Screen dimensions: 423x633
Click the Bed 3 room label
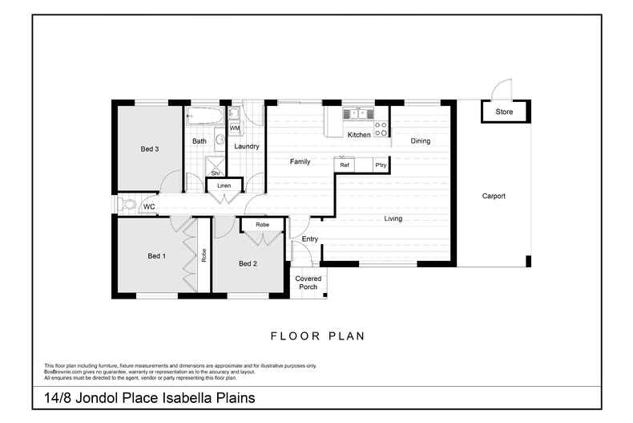[x=150, y=148]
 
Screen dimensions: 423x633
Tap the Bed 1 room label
[x=156, y=256]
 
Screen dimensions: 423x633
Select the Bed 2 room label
[x=248, y=263]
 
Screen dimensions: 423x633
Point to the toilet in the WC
[x=128, y=205]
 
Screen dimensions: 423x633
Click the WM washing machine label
[x=235, y=128]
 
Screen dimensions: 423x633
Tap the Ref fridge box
[x=345, y=165]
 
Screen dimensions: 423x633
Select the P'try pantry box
[x=381, y=165]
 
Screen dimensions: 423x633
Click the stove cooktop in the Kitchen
[x=381, y=126]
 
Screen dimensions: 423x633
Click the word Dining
[x=420, y=141]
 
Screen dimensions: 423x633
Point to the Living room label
[x=393, y=218]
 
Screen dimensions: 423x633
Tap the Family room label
[x=300, y=162]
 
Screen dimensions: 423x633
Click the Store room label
[x=503, y=112]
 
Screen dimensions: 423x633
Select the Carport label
[x=494, y=196]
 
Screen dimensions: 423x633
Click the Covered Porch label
[x=308, y=283]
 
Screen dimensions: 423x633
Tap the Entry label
[x=309, y=239]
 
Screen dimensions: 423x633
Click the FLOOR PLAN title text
[x=317, y=336]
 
